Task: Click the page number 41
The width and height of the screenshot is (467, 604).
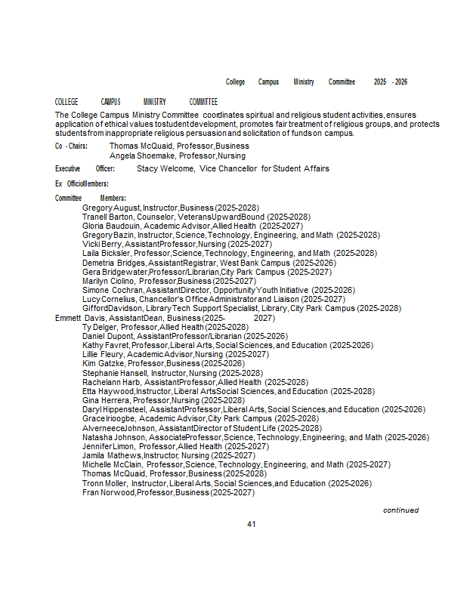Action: [252, 524]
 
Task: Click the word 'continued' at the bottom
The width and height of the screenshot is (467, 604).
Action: [401, 510]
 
